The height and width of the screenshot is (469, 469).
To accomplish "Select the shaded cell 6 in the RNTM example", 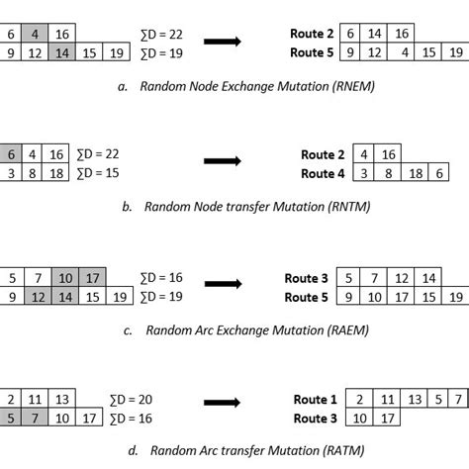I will (x=12, y=154).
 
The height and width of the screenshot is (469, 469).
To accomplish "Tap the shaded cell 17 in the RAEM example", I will (x=92, y=278).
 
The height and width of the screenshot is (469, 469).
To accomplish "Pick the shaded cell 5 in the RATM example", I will (x=12, y=419).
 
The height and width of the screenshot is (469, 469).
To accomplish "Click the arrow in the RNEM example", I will (x=224, y=43).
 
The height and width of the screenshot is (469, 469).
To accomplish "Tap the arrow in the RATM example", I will (x=224, y=404).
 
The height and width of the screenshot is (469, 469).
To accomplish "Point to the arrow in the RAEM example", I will (x=224, y=287).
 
